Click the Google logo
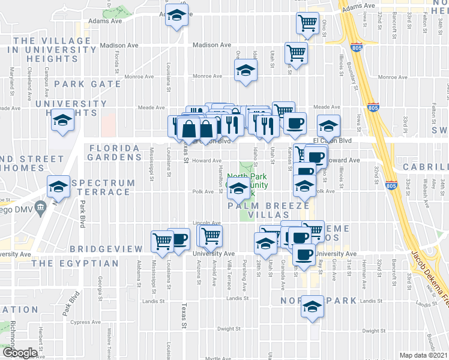(x=19, y=353)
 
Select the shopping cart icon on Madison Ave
(x=296, y=53)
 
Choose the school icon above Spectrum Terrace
(x=59, y=187)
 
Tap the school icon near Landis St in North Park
(x=312, y=307)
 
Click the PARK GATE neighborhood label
(x=88, y=84)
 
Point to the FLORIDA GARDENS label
(x=115, y=152)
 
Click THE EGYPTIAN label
(x=75, y=263)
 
